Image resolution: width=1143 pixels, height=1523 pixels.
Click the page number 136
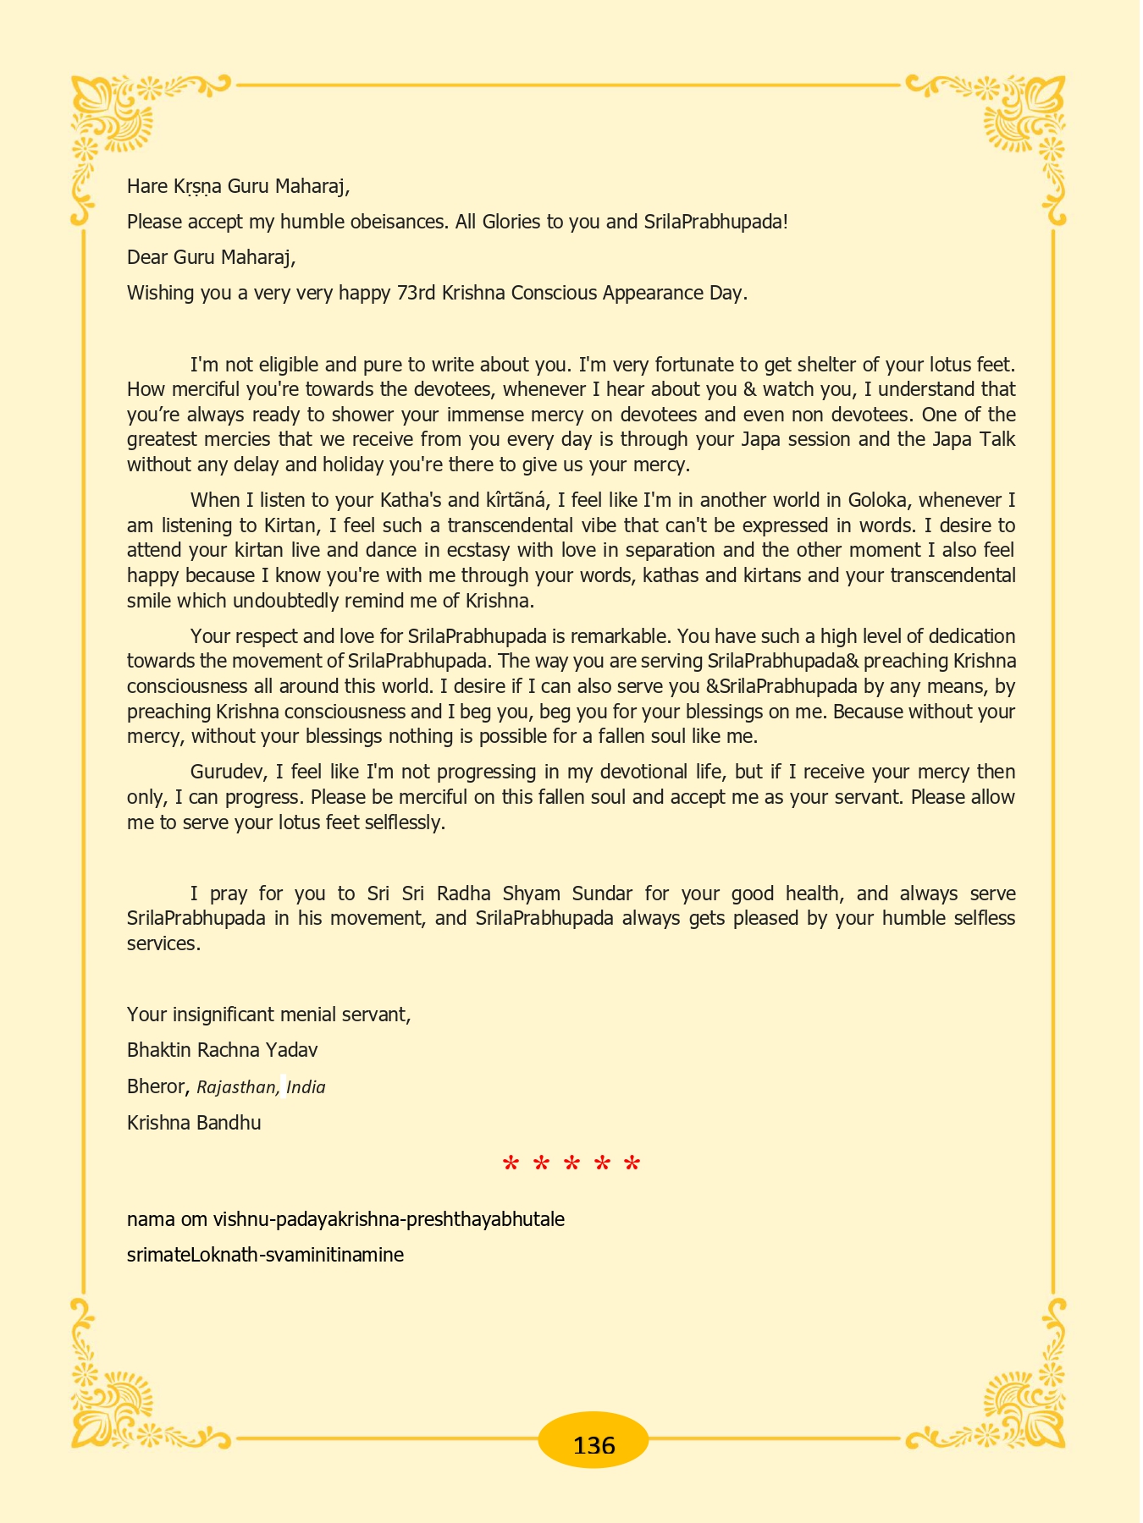tap(594, 1444)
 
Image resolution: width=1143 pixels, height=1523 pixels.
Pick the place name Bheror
tap(156, 1086)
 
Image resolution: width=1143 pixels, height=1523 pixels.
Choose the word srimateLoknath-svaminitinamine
tap(265, 1255)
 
